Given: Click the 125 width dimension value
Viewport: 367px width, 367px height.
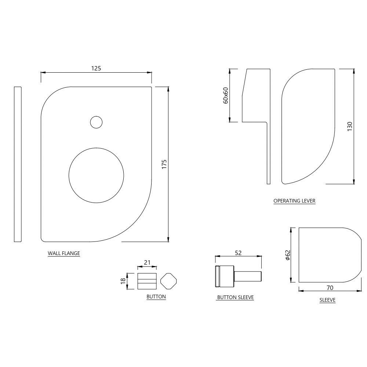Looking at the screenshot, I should tap(96, 68).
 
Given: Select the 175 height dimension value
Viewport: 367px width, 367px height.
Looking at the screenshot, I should tap(164, 164).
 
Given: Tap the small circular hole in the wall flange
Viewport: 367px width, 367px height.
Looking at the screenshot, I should tap(96, 122).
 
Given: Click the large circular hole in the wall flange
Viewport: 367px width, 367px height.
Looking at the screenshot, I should tap(96, 175).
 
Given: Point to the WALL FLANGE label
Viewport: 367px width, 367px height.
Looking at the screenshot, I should tap(64, 253).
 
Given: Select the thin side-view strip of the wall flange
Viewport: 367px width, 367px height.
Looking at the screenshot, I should tap(18, 164).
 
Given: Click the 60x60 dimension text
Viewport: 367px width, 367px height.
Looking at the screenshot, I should tap(225, 95).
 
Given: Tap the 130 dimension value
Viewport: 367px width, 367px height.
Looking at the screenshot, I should tap(349, 127).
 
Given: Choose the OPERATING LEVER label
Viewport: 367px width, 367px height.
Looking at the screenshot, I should tap(294, 201).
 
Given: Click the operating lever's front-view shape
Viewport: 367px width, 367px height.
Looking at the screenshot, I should tap(308, 125).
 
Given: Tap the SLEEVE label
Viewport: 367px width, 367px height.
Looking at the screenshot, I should tap(327, 300).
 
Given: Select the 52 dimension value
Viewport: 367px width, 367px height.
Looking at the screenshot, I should tap(238, 253).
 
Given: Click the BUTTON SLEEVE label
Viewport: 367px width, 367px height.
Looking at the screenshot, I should tap(235, 297).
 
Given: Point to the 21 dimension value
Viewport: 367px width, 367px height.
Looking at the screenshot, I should tap(147, 262).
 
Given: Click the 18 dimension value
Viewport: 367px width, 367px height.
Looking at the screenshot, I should tap(123, 281).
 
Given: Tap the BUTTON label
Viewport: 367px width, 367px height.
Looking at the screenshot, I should tap(156, 297).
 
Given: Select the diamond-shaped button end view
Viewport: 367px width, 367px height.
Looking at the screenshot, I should tap(168, 281).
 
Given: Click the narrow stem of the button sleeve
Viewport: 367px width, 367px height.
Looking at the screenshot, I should tap(248, 276).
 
